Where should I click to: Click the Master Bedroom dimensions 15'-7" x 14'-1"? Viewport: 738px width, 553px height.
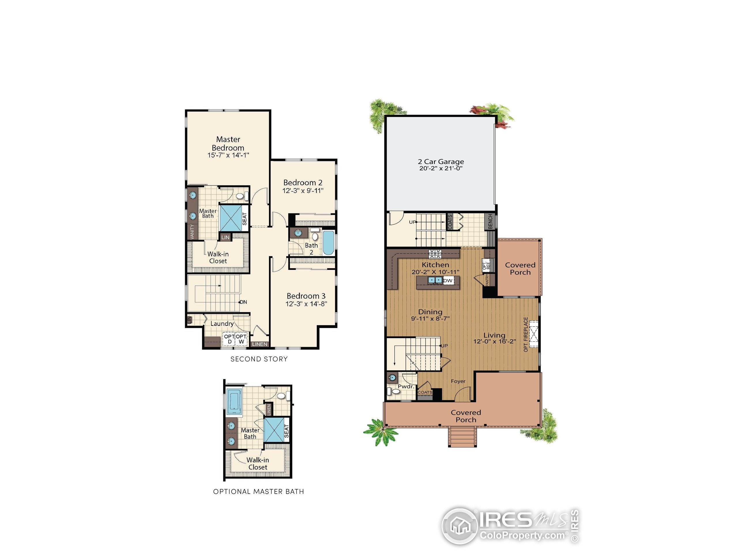tap(228, 155)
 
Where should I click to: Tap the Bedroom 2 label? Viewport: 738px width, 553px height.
tap(303, 183)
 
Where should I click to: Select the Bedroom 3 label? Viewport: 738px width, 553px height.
tap(306, 296)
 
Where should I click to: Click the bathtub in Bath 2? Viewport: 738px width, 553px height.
tap(328, 242)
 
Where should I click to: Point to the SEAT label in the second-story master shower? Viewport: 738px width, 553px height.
tap(244, 219)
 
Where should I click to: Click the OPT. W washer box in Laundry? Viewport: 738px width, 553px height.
tap(241, 339)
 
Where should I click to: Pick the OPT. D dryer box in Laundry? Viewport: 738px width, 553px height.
tap(229, 339)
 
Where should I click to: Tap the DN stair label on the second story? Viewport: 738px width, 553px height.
tap(244, 302)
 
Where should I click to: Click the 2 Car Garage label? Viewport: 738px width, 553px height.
tap(441, 162)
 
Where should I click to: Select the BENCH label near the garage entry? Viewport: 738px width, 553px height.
tap(490, 222)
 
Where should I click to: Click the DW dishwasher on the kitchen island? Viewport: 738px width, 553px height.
tap(448, 281)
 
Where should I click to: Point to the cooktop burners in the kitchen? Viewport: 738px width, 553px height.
tap(435, 254)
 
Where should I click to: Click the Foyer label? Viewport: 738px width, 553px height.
tap(458, 381)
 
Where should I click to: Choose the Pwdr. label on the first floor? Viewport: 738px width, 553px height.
tap(406, 387)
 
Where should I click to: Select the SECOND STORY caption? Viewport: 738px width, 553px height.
tap(259, 359)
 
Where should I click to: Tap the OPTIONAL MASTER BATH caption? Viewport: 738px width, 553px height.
tap(259, 492)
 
